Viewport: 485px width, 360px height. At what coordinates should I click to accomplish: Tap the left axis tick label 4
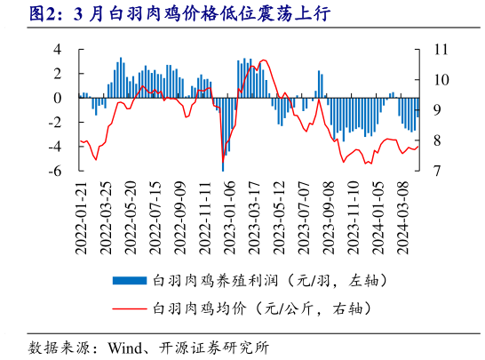click(58, 49)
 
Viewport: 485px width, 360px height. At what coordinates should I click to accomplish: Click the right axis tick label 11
click(436, 49)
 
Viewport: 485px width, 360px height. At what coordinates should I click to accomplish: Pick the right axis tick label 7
click(433, 171)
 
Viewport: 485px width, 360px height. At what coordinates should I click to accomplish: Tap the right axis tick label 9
click(433, 110)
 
